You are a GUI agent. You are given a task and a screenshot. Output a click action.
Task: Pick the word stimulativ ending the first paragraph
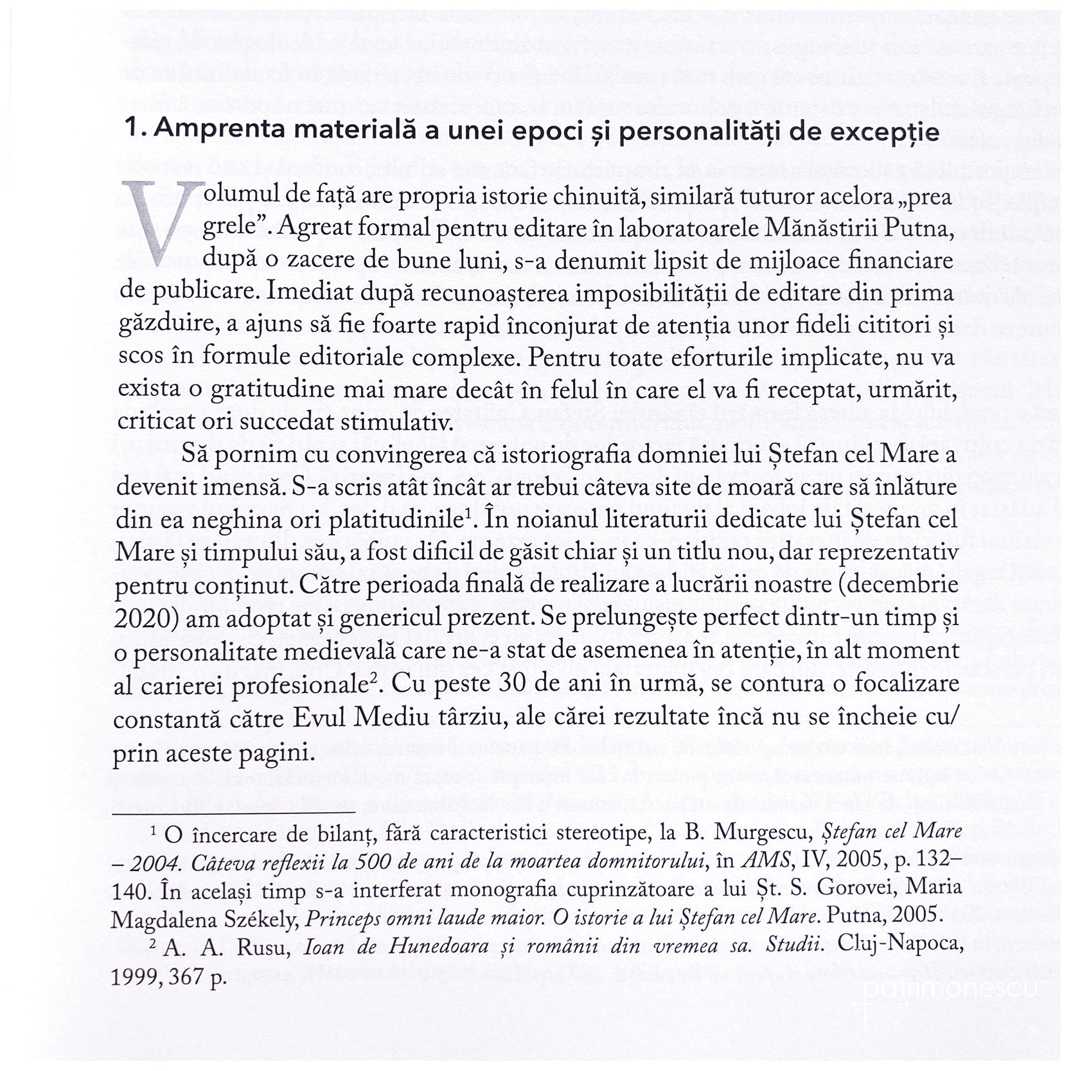[x=396, y=422]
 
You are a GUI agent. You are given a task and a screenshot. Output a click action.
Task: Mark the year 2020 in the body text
[x=143, y=617]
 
